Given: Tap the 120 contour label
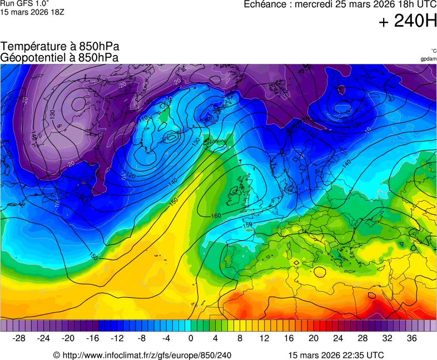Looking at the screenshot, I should tap(131, 176).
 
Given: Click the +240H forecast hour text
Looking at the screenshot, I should tap(407, 22).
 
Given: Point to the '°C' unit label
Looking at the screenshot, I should tap(433, 51).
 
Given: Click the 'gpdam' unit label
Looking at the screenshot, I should tap(428, 59).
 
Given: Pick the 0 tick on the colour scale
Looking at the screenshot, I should tap(191, 338).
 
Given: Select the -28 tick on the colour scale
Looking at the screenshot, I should tap(19, 338).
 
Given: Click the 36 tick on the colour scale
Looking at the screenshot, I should tap(411, 338).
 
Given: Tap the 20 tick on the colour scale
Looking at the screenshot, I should tap(313, 338).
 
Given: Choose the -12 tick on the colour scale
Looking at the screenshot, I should tap(117, 338).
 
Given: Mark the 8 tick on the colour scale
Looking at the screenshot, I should tap(240, 338).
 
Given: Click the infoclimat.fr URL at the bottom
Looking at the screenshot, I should tap(146, 355).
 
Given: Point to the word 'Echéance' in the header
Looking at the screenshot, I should tap(265, 4).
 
